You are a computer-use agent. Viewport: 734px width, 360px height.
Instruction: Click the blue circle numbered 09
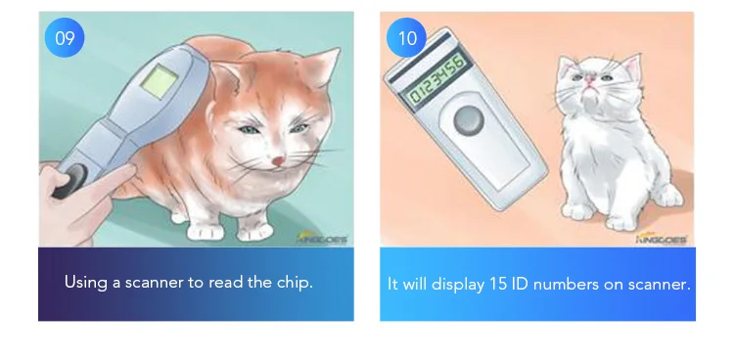[65, 38]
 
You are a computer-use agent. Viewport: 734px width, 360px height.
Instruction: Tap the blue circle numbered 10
[406, 38]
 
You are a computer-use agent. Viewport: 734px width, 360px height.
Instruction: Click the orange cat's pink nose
[278, 160]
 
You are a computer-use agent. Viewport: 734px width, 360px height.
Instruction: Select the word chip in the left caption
[296, 283]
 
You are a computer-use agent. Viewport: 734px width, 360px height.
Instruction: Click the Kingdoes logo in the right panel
[663, 237]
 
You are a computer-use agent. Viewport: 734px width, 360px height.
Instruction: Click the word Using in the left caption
[84, 283]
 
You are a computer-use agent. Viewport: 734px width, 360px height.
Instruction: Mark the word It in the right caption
[392, 284]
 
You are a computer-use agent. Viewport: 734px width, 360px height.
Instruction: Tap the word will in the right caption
[415, 284]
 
